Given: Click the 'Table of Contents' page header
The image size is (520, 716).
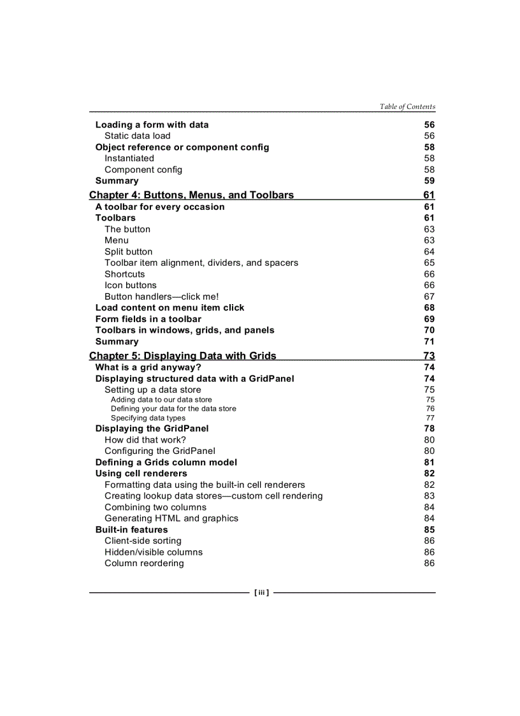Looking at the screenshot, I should tap(407, 106).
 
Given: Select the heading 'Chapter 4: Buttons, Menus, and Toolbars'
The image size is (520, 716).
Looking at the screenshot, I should tap(191, 195).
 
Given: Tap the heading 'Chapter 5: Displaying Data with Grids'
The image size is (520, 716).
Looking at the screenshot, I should tap(182, 356).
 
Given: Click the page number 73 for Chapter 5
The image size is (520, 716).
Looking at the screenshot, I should tap(429, 356).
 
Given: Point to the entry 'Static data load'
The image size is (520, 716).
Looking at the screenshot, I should tap(137, 136).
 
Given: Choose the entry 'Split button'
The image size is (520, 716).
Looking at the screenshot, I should tap(128, 252).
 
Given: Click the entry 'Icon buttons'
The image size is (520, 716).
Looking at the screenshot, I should tap(130, 285).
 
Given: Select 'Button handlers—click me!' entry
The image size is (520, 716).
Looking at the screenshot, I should tap(161, 296).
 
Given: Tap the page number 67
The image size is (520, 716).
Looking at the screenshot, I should tap(429, 296).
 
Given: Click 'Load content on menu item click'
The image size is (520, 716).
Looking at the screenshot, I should tap(170, 307).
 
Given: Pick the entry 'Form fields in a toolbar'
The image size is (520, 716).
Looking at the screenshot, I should tap(148, 319).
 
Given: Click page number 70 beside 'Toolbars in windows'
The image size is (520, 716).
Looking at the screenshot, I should tap(429, 330).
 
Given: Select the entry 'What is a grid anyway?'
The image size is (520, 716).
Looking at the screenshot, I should tap(148, 367).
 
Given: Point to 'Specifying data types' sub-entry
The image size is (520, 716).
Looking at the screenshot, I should tap(148, 418).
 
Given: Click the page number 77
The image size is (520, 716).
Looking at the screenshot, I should tap(430, 418).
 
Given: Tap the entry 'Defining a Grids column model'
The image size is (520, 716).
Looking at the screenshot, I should tap(166, 462).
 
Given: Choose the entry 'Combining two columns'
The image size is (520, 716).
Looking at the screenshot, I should tap(155, 507).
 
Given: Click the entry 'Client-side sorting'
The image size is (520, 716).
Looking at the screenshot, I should tap(143, 541).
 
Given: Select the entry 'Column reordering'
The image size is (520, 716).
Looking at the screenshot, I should tap(144, 563).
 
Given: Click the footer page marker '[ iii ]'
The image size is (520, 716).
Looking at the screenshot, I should tap(261, 593).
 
